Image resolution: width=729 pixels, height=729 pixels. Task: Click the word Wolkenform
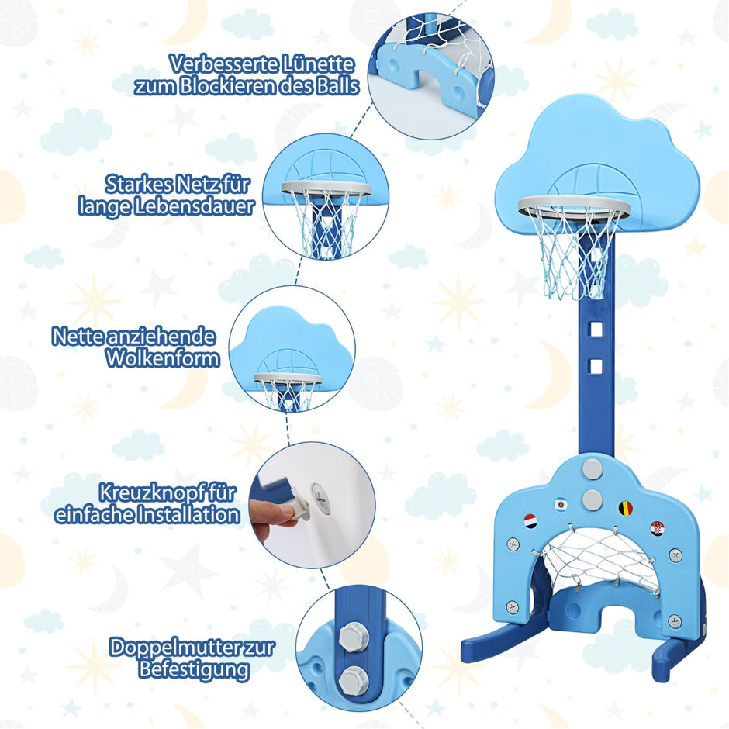(x=163, y=358)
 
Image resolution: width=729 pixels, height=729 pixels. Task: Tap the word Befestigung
(x=194, y=670)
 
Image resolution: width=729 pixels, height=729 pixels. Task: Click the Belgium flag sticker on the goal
(x=625, y=509)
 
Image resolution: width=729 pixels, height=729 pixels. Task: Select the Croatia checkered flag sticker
(x=657, y=529)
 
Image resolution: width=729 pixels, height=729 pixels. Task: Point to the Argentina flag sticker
(x=561, y=504)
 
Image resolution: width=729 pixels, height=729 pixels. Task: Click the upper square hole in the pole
(x=595, y=330)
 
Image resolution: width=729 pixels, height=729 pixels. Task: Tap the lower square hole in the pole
(x=595, y=366)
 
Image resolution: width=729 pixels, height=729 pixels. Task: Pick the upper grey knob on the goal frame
(x=592, y=468)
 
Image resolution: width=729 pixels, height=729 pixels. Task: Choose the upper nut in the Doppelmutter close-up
(x=354, y=637)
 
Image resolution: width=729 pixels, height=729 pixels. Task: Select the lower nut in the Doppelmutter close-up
(x=354, y=681)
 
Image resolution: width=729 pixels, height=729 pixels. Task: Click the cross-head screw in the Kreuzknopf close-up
(x=321, y=498)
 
